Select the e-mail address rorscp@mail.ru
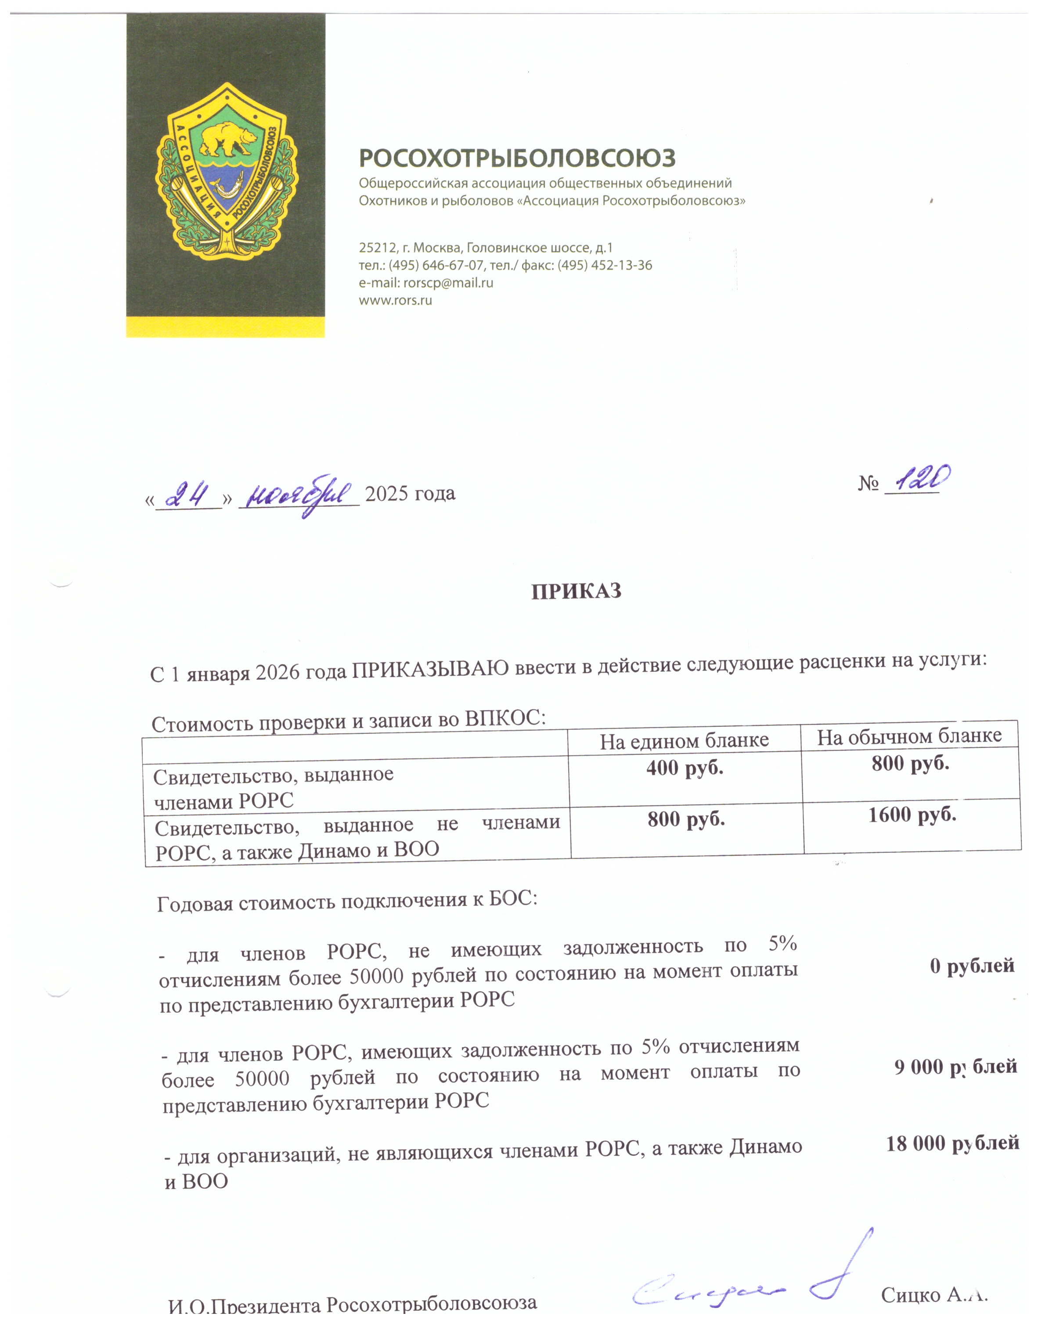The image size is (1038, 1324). (x=448, y=283)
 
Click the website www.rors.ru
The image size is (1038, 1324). (x=395, y=300)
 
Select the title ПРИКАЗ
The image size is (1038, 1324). (x=576, y=591)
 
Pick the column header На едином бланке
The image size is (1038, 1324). (x=684, y=740)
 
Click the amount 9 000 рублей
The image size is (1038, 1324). (x=955, y=1066)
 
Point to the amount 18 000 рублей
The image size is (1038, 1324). (x=952, y=1144)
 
